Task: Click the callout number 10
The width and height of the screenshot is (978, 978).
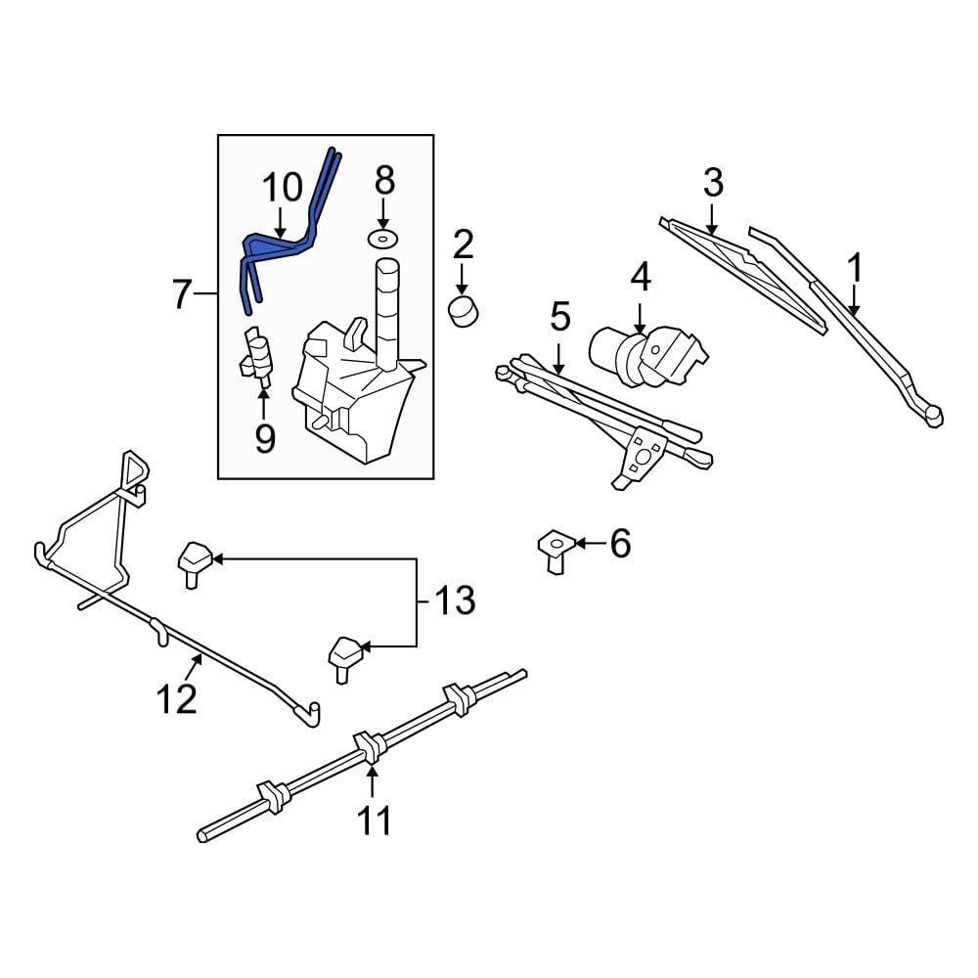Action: tap(282, 186)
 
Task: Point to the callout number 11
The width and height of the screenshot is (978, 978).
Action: tap(373, 820)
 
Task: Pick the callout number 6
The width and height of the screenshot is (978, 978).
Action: tap(620, 543)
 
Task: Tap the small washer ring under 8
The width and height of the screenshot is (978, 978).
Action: tap(383, 239)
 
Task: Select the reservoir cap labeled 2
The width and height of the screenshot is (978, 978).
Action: tap(463, 312)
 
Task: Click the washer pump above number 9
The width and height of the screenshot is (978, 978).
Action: tap(259, 354)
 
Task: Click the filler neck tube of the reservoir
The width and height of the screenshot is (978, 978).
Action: tap(388, 313)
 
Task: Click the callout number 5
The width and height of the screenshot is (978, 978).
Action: tap(559, 317)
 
